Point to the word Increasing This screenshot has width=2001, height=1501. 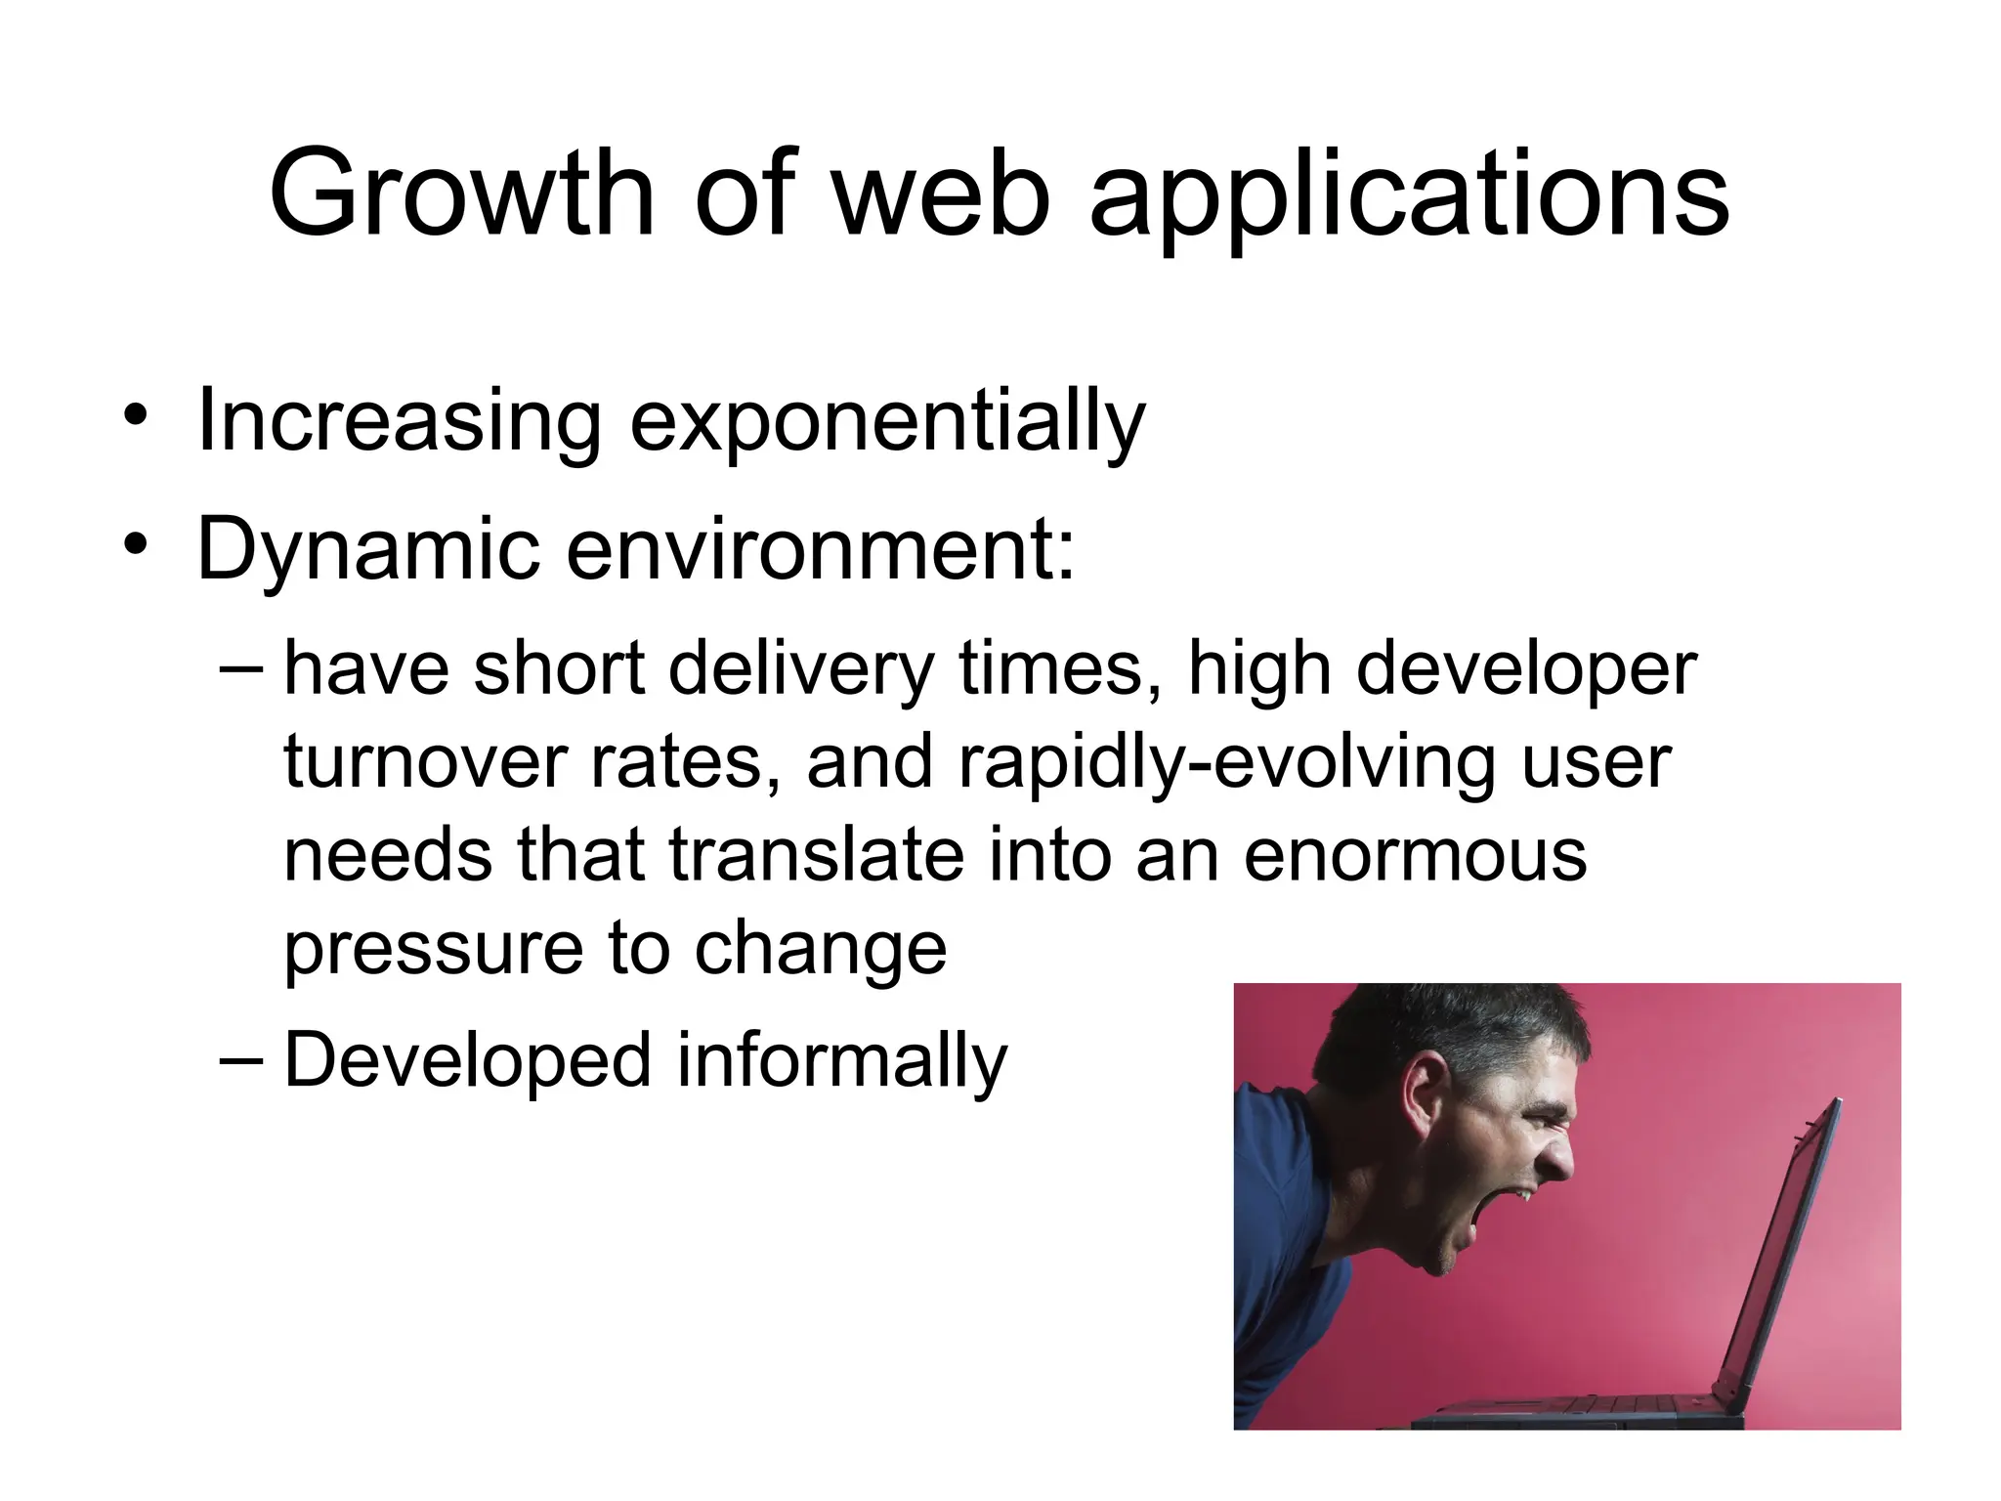398,423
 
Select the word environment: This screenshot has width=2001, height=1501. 820,549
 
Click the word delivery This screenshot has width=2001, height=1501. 801,671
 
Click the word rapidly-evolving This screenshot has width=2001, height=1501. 1226,764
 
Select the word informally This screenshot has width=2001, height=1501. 840,1060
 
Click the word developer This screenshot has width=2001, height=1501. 1526,671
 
